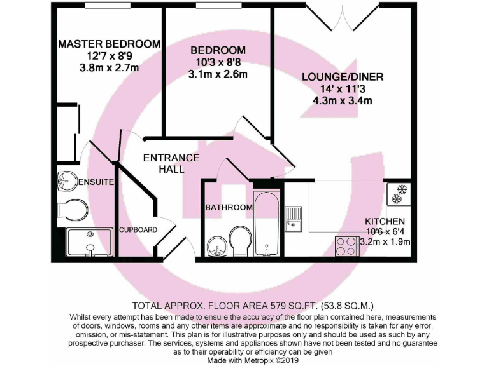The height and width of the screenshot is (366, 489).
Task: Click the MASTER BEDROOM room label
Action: click(x=109, y=44)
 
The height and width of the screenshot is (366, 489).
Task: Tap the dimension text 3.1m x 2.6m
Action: click(x=218, y=74)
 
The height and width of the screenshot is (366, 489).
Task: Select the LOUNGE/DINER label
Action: click(x=343, y=78)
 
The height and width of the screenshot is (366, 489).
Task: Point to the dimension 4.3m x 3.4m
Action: click(x=343, y=100)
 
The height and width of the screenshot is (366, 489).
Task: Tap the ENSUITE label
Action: click(x=96, y=182)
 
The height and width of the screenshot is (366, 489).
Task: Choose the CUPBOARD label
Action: click(x=138, y=229)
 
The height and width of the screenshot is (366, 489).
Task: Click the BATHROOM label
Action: click(x=229, y=207)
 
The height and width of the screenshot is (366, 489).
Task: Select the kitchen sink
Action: click(x=295, y=219)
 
